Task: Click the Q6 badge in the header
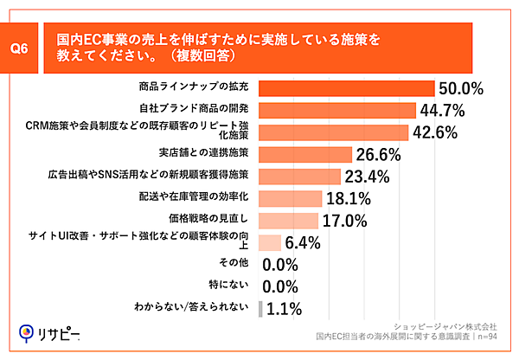pos(29,49)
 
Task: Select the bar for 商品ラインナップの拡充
pos(346,88)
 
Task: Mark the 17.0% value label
pos(345,221)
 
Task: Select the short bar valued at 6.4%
pos(270,242)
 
